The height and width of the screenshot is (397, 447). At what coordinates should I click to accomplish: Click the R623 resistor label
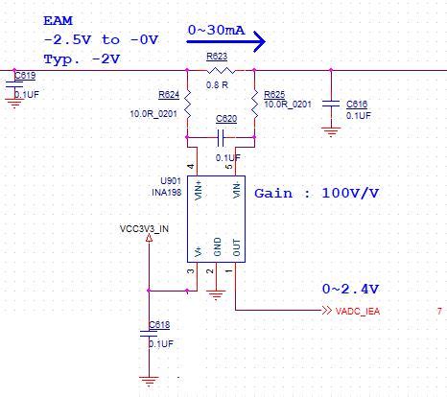[x=217, y=57]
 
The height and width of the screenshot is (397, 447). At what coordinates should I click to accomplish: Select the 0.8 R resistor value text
[x=217, y=85]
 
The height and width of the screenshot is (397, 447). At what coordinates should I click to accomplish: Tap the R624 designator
[x=168, y=95]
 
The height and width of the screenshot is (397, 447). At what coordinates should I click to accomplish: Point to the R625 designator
[x=274, y=95]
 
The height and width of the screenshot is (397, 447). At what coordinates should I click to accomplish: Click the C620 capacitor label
[x=226, y=118]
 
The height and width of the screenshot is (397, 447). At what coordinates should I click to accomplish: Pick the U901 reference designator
[x=170, y=180]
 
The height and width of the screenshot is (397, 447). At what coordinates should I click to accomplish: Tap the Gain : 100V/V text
[x=317, y=193]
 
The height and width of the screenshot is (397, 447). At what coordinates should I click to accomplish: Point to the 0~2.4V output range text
[x=350, y=289]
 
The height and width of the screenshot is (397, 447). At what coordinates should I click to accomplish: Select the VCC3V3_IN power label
[x=144, y=228]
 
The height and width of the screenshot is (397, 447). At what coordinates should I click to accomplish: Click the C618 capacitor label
[x=159, y=325]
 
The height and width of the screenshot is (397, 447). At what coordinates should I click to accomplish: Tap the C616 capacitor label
[x=356, y=104]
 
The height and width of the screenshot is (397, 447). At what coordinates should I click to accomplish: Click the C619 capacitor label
[x=26, y=75]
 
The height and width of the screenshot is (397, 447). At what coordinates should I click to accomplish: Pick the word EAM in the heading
[x=58, y=21]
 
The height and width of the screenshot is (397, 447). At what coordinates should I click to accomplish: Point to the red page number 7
[x=439, y=312]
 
